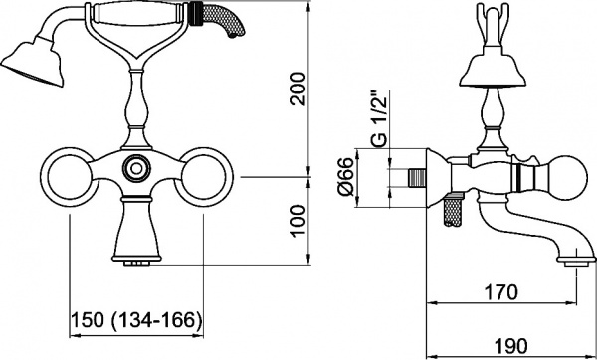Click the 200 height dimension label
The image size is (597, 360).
coord(298,89)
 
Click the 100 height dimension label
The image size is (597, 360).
coord(298,221)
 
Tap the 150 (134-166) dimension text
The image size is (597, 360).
coord(136,320)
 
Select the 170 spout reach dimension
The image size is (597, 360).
coord(500,292)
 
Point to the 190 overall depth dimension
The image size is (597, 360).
coord(511,346)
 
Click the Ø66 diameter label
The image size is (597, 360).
coord(345,176)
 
